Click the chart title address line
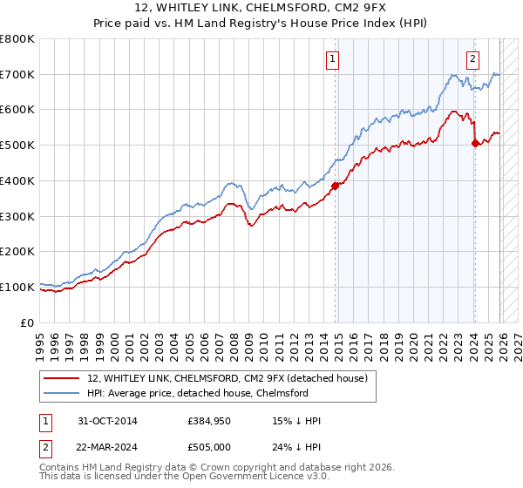coord(261,9)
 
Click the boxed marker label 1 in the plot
coord(334,59)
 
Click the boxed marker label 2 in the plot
coord(472,59)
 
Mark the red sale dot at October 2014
coord(335,185)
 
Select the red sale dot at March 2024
coord(474,144)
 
